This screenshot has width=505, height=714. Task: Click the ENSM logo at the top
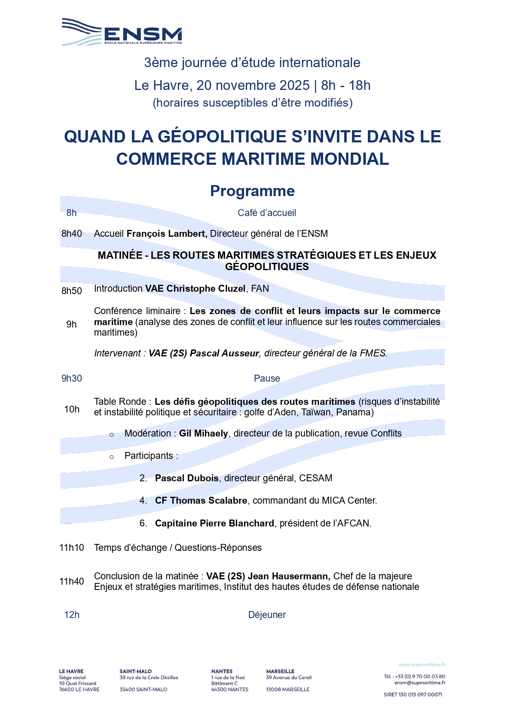pyautogui.click(x=122, y=32)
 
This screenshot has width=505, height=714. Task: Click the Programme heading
pyautogui.click(x=252, y=191)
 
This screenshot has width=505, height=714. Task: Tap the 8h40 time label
pyautogui.click(x=72, y=234)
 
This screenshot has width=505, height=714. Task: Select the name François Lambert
pyautogui.click(x=167, y=234)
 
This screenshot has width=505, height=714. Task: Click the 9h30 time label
pyautogui.click(x=72, y=378)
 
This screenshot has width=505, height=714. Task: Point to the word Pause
pyautogui.click(x=267, y=378)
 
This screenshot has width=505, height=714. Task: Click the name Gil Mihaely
pyautogui.click(x=203, y=433)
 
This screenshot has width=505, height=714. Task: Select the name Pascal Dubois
pyautogui.click(x=187, y=478)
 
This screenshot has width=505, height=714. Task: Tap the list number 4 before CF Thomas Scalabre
pyautogui.click(x=143, y=500)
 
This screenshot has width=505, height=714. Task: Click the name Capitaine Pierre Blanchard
pyautogui.click(x=214, y=523)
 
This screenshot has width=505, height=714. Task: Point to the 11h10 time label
pyautogui.click(x=72, y=548)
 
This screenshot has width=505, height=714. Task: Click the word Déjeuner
pyautogui.click(x=267, y=615)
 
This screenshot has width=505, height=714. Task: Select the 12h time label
pyautogui.click(x=72, y=615)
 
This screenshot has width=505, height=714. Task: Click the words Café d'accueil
pyautogui.click(x=267, y=213)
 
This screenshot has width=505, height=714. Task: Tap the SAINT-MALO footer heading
pyautogui.click(x=136, y=671)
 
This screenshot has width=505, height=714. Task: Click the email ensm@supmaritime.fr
pyautogui.click(x=420, y=683)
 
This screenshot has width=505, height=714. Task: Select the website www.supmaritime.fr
pyautogui.click(x=422, y=665)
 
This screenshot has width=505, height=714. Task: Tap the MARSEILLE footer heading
pyautogui.click(x=280, y=671)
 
